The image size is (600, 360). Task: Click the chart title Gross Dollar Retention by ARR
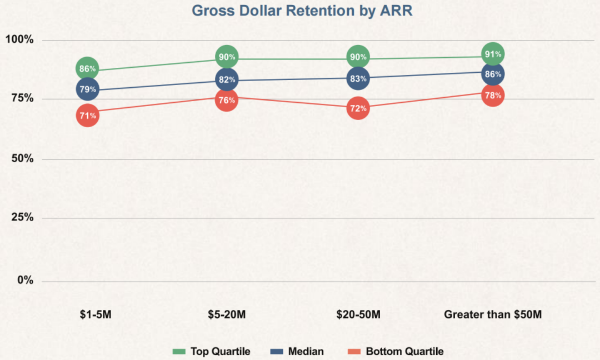click(302, 11)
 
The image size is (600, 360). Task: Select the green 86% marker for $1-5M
click(87, 69)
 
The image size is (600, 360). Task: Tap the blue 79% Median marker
click(88, 89)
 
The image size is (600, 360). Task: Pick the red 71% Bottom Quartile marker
click(88, 116)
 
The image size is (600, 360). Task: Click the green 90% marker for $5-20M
click(227, 57)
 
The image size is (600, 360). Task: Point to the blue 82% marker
click(227, 79)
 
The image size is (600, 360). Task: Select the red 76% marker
click(227, 100)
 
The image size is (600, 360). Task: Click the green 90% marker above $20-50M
click(358, 57)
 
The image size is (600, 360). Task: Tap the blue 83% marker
click(358, 78)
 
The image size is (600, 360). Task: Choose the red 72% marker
click(358, 108)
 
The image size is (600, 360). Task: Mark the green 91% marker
click(493, 54)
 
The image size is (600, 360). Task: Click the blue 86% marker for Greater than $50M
click(493, 74)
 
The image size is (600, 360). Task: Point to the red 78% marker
click(493, 95)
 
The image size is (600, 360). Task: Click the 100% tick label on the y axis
click(19, 39)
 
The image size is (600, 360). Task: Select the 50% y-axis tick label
click(23, 158)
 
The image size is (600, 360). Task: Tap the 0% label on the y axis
click(25, 281)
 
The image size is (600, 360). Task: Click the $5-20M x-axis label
click(227, 314)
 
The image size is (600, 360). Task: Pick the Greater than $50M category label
click(493, 314)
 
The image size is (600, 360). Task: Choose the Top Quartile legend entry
click(211, 351)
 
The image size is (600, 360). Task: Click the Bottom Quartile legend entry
click(396, 351)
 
